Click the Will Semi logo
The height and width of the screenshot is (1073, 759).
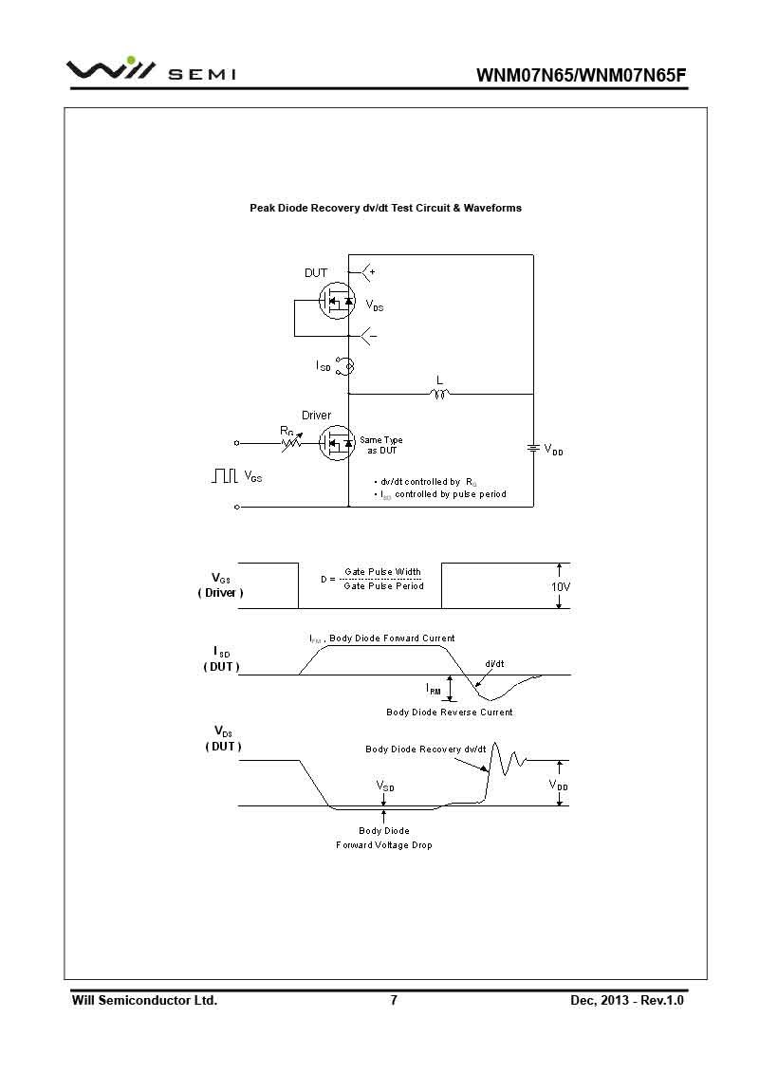click(151, 72)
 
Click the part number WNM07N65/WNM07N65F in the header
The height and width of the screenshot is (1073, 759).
click(581, 76)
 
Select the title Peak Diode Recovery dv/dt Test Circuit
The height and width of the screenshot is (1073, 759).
click(385, 208)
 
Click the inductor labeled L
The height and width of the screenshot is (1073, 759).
click(439, 393)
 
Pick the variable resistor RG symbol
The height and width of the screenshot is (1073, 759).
click(293, 442)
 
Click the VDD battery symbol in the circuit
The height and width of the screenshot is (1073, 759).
click(533, 447)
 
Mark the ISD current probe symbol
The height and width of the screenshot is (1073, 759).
click(348, 365)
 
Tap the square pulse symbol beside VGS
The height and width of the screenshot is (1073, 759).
click(224, 476)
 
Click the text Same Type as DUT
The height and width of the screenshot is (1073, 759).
click(381, 445)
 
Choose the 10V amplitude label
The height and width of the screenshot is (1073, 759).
click(561, 587)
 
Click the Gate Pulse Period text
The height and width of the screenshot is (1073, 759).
click(383, 586)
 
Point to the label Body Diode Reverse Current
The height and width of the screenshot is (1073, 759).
click(450, 712)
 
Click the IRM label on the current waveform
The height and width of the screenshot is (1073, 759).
click(434, 689)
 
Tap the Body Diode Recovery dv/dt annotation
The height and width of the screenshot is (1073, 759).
click(426, 749)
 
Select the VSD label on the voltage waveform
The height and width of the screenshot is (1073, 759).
click(385, 786)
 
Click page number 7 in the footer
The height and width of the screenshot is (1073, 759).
click(394, 1001)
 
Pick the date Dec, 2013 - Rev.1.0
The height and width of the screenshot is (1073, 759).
click(627, 1001)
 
